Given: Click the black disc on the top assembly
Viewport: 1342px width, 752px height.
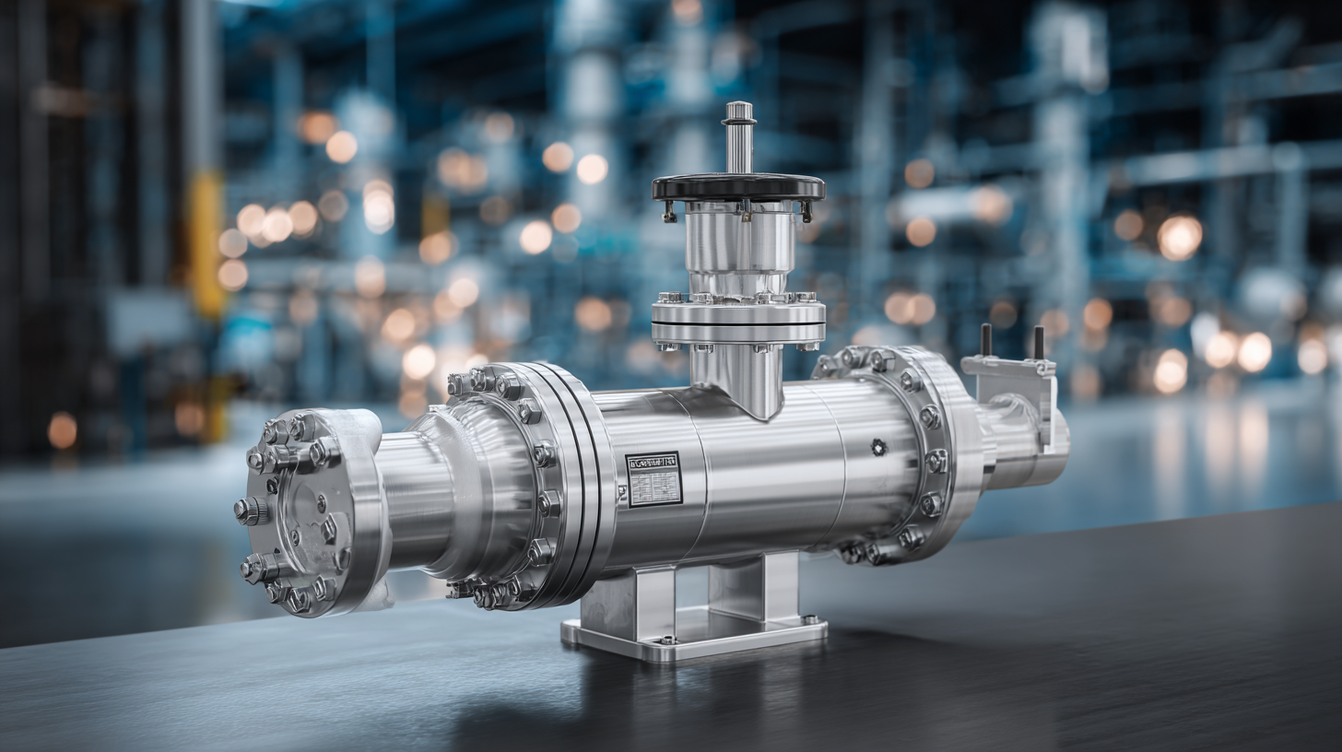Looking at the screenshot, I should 738,187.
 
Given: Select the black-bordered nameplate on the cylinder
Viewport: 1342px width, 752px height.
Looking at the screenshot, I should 653,479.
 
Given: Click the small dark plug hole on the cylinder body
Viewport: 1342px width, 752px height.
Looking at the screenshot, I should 877,447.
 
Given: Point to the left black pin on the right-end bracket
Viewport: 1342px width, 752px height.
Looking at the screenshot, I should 985,339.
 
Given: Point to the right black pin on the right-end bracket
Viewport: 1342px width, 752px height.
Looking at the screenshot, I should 1039,342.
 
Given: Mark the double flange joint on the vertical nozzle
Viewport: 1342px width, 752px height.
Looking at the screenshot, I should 738,321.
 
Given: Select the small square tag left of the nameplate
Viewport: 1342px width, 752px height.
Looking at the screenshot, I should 622,493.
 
